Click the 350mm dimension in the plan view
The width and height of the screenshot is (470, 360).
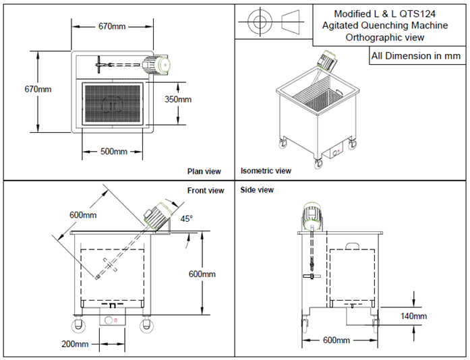click(x=178, y=99)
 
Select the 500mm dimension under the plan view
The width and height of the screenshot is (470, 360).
click(x=114, y=152)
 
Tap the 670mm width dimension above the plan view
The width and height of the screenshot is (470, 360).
click(x=113, y=26)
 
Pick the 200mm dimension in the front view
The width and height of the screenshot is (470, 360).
click(x=76, y=344)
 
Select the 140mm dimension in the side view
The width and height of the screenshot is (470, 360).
click(x=413, y=316)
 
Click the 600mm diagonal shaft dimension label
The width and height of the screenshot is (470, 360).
click(x=83, y=215)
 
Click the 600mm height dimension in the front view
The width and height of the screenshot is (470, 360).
click(x=202, y=274)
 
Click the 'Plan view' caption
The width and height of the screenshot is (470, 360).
click(x=204, y=171)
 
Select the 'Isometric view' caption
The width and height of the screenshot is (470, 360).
click(x=266, y=171)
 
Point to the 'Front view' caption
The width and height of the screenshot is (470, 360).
click(x=206, y=191)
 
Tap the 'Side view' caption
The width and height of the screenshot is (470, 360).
click(x=257, y=190)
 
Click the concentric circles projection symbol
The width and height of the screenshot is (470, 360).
click(x=258, y=21)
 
